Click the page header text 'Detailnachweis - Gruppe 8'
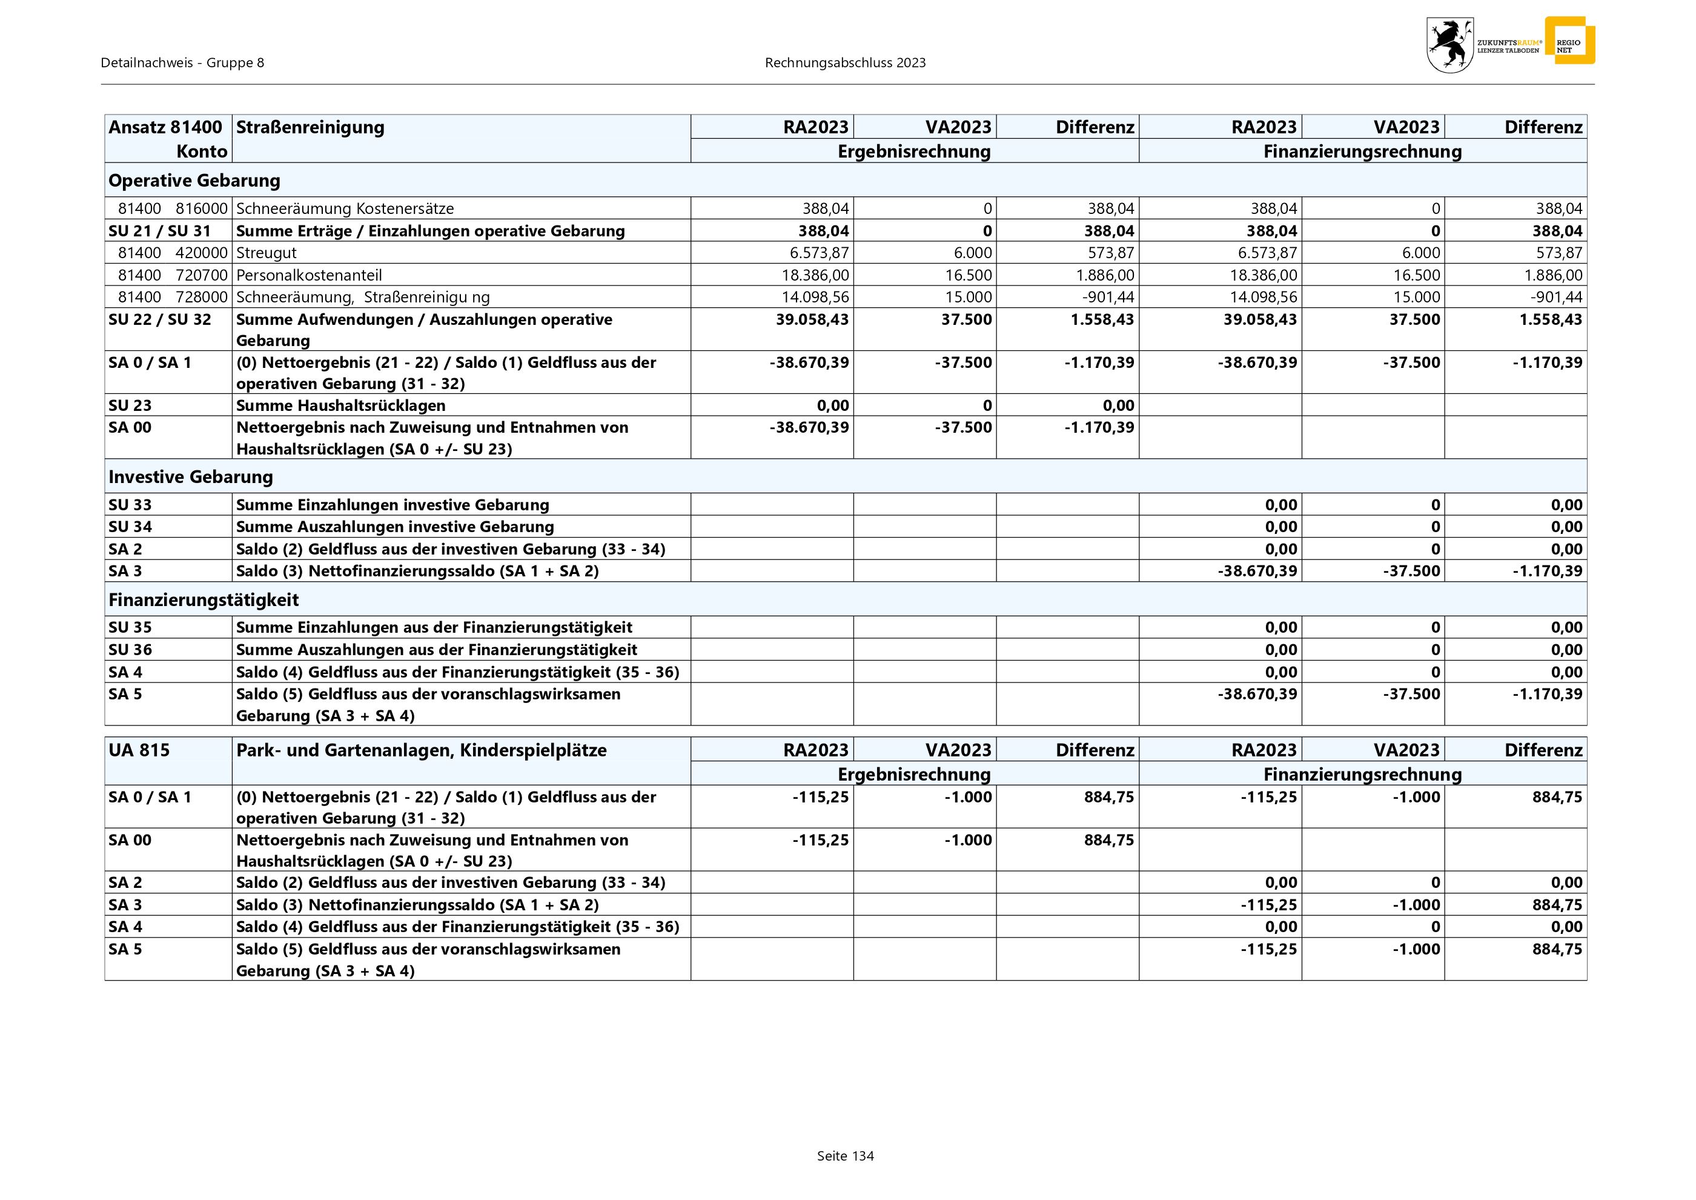tap(182, 63)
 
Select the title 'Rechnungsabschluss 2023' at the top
tap(845, 63)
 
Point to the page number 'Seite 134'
tap(845, 1156)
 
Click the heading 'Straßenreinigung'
tap(310, 127)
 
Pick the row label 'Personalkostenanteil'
tap(309, 275)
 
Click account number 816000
tap(201, 208)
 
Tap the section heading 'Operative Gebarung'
tap(194, 180)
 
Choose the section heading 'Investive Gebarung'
tap(191, 476)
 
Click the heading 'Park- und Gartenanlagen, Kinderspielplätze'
tap(421, 750)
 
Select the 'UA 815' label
tap(139, 750)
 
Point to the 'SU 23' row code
tap(130, 405)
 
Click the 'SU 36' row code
tap(130, 650)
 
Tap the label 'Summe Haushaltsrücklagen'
tap(340, 405)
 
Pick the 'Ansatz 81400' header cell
tap(165, 127)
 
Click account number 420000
tap(201, 253)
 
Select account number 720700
tap(201, 275)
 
